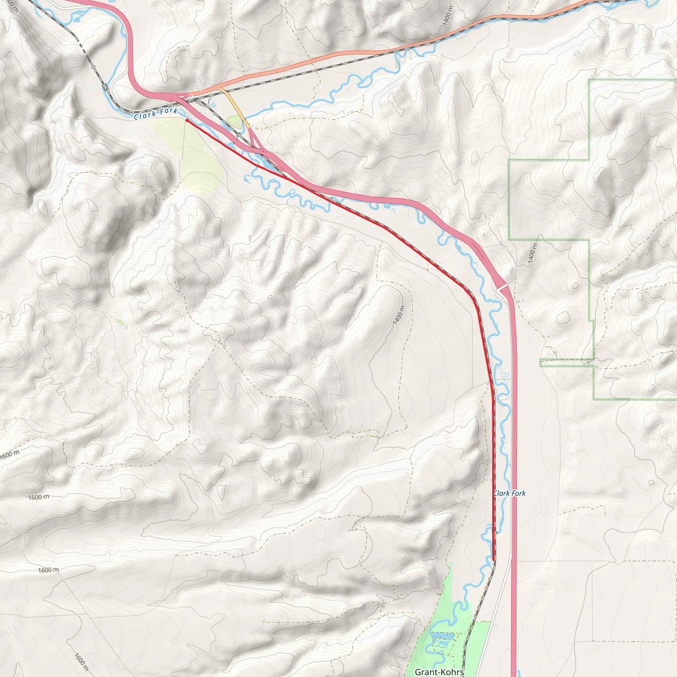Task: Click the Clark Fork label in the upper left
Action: (156, 114)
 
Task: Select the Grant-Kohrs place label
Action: (439, 672)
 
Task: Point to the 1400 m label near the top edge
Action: (448, 16)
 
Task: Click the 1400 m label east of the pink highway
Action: (532, 253)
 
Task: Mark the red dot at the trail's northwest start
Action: (187, 120)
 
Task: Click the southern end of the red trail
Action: (494, 560)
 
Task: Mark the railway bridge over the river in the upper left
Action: (105, 87)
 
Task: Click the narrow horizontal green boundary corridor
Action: (566, 363)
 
